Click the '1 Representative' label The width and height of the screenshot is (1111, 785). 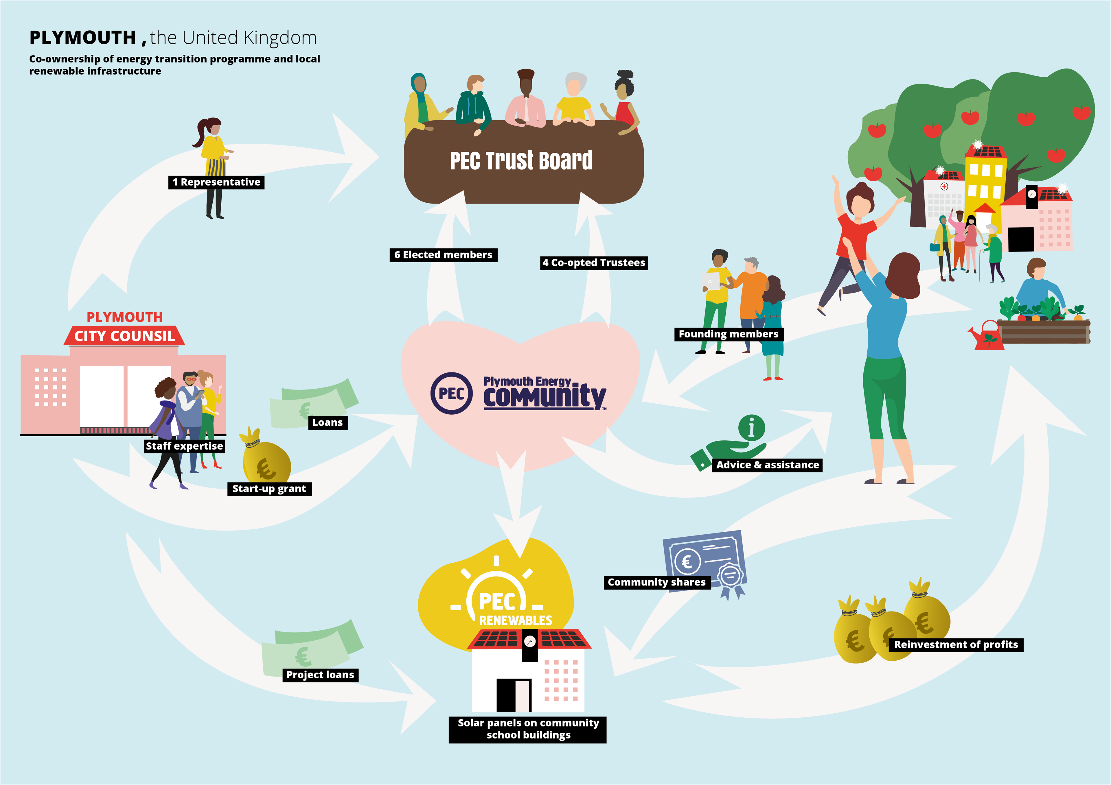coord(216,182)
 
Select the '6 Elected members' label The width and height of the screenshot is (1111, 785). coord(443,255)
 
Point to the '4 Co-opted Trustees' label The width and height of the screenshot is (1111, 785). coord(594,263)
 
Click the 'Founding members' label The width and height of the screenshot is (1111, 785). coord(728,334)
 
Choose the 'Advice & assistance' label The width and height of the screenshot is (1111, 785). coord(768,465)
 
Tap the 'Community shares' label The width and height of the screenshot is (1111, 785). coord(657,582)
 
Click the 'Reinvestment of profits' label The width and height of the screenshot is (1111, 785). coord(956,645)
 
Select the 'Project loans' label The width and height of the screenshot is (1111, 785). coord(320,675)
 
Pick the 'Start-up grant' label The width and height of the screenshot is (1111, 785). coord(269,489)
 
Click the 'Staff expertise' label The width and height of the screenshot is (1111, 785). coord(184,446)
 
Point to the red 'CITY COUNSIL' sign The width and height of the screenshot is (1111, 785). coord(124,336)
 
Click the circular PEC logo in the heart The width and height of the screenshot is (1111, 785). coord(451,393)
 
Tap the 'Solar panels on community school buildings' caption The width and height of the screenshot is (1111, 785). coord(527,729)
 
